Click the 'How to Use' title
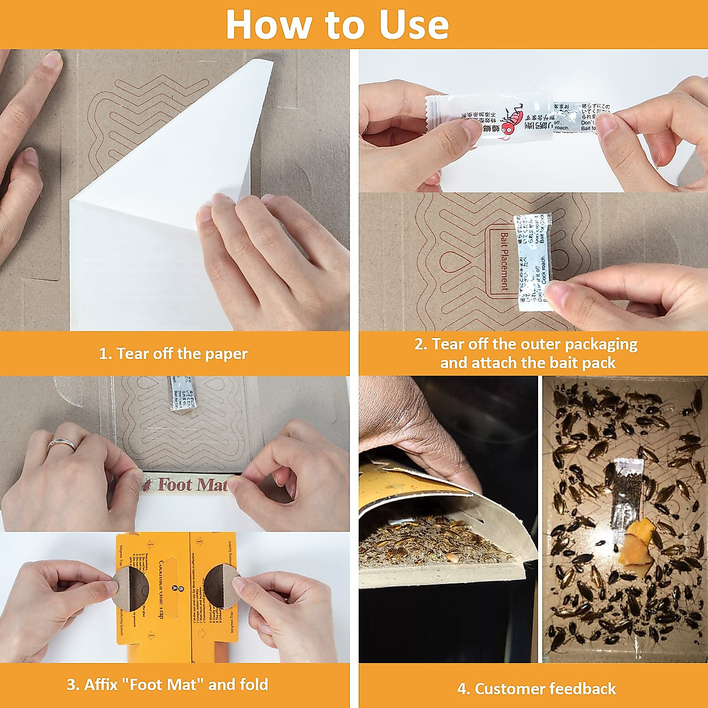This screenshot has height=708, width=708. point(337,25)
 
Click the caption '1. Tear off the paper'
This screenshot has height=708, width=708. point(173,354)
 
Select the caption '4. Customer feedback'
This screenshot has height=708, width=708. point(536,689)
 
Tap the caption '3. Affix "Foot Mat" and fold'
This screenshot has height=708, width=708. point(168,684)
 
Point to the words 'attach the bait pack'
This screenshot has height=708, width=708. point(527,363)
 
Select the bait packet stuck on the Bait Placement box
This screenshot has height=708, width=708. point(533,261)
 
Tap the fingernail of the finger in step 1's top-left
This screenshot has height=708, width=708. point(53,60)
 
